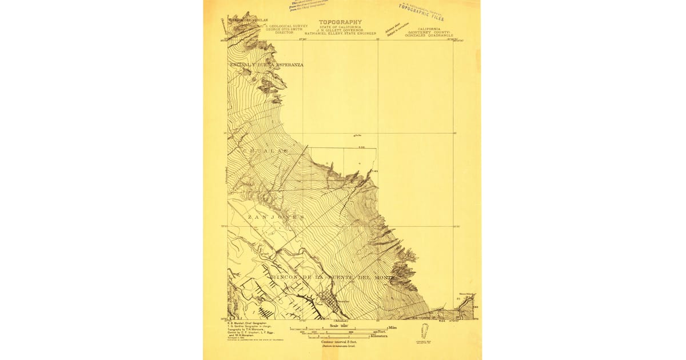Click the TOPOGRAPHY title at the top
[x=340, y=22]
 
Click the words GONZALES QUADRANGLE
[x=429, y=35]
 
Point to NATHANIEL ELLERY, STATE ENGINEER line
[x=340, y=33]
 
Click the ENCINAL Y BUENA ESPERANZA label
[x=266, y=65]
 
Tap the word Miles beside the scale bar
[x=393, y=327]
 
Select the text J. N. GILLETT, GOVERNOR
[x=340, y=30]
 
